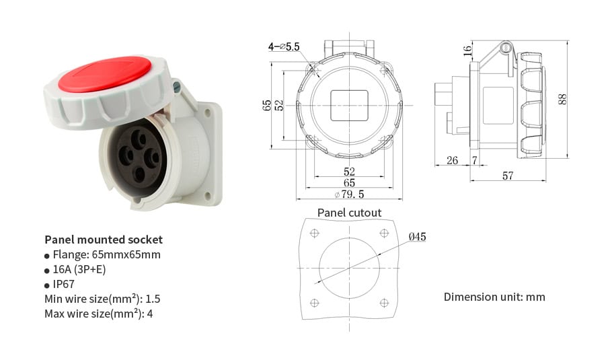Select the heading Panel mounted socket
click(x=104, y=240)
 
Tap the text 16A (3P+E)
click(x=79, y=269)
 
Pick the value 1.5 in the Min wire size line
click(x=153, y=299)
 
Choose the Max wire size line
click(x=99, y=314)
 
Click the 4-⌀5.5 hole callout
click(x=283, y=46)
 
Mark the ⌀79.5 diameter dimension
click(x=349, y=194)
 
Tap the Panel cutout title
click(x=349, y=213)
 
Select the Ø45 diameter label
click(x=417, y=236)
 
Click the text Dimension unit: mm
click(x=494, y=297)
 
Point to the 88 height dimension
click(x=562, y=98)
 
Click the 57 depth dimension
click(x=508, y=176)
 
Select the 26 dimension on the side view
click(x=452, y=160)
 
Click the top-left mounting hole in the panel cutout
click(x=314, y=233)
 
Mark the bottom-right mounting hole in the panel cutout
click(x=384, y=302)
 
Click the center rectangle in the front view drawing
click(x=349, y=105)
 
